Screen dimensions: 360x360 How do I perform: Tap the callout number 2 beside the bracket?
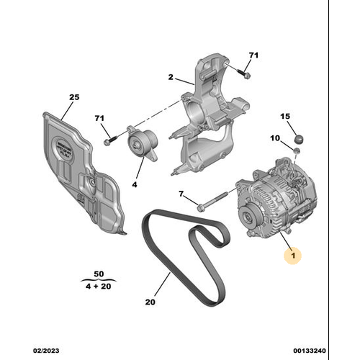(172, 77)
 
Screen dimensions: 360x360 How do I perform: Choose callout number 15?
(284, 116)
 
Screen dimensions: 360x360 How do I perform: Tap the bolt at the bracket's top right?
(244, 72)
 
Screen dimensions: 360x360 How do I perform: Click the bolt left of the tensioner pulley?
(109, 141)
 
